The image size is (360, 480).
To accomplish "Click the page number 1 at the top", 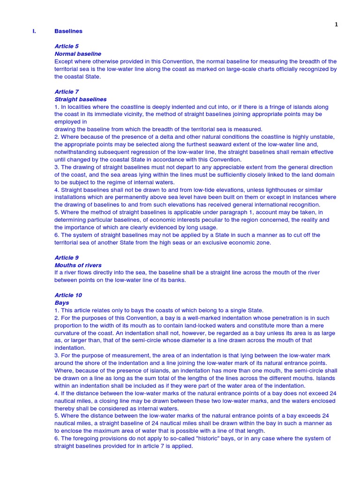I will coord(336,25).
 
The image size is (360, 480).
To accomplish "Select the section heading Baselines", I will coord(68,31).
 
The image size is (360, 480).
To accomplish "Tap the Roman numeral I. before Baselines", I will coord(34,31).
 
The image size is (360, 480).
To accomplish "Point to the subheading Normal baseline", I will coord(78,54).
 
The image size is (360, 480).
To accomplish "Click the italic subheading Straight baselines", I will coord(81,99).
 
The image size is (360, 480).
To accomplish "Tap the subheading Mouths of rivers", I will coord(78,265).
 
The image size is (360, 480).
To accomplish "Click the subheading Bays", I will coord(62,303).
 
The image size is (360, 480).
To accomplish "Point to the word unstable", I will coord(323,137).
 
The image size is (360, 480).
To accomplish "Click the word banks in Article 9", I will coord(176,280).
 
